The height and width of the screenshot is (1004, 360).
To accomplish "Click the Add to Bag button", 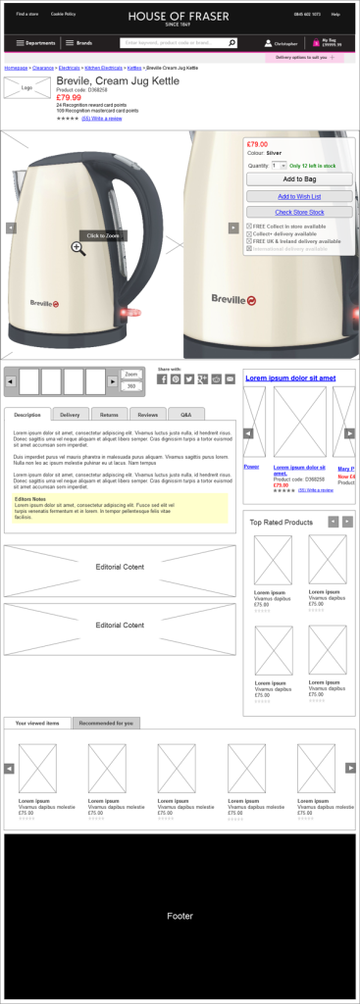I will coord(299,179).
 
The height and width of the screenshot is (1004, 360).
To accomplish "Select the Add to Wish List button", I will coord(299,196).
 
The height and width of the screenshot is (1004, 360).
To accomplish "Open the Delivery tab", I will coord(70,415).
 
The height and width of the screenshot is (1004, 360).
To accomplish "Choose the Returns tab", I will coord(109,415).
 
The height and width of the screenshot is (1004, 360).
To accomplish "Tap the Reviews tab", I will coord(147,415).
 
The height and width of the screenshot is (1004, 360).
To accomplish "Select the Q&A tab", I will coord(185,415).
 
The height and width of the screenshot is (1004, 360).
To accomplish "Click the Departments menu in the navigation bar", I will coord(35,43).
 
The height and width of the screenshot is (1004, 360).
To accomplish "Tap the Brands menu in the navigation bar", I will coord(79,43).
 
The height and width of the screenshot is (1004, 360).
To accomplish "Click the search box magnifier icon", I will coord(231,43).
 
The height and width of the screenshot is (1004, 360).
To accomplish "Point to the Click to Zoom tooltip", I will coord(102,235).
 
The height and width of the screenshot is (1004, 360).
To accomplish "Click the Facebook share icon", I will coord(163,378).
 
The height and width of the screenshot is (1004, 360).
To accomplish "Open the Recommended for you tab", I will coord(106,723).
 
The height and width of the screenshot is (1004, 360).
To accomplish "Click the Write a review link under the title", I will coord(108,119).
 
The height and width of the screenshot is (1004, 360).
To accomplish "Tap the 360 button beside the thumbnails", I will coord(131,386).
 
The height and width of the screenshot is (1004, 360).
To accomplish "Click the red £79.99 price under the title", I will coord(69,98).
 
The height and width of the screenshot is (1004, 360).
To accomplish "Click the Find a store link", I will coord(27,14).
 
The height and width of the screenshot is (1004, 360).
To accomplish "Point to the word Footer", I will coord(180,916).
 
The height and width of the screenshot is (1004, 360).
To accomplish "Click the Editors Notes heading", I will coord(31,498).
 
